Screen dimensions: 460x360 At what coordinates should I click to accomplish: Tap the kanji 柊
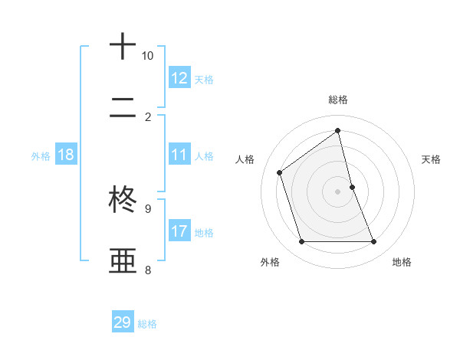(x=123, y=199)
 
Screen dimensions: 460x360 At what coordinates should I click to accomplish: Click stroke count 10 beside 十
(x=148, y=56)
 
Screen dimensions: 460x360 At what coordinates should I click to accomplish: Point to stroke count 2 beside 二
(x=148, y=116)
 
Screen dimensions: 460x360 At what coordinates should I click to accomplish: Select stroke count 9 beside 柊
(x=148, y=208)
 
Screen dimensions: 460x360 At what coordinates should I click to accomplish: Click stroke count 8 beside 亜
(x=148, y=269)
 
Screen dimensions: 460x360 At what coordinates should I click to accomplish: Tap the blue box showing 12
(x=179, y=78)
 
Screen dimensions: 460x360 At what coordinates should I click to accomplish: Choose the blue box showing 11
(x=179, y=155)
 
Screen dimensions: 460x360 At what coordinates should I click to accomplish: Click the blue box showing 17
(x=179, y=231)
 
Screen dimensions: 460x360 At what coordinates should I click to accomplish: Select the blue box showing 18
(x=66, y=155)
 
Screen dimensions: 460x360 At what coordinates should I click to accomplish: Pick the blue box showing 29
(x=123, y=322)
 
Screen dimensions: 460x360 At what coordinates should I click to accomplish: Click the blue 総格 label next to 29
(x=147, y=324)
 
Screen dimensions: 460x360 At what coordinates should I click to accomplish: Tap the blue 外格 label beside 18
(x=41, y=156)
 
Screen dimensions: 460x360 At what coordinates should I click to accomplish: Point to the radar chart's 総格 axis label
(x=338, y=100)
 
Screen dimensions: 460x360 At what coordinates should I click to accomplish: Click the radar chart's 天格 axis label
(x=431, y=159)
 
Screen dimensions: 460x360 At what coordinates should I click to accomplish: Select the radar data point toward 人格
(x=280, y=172)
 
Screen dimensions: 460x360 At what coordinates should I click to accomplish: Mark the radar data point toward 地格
(x=374, y=242)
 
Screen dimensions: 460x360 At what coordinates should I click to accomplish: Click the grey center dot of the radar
(x=338, y=191)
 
